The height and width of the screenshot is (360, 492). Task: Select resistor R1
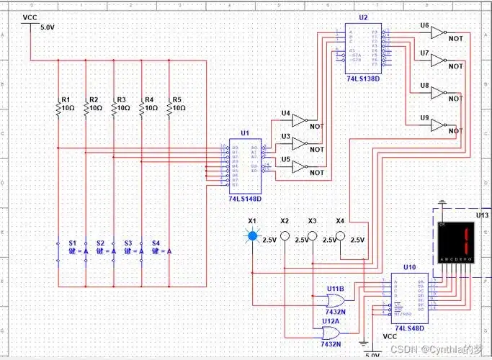(x=58, y=107)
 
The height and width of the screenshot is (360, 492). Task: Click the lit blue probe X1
(x=252, y=235)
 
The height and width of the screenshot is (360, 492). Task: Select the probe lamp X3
(x=312, y=235)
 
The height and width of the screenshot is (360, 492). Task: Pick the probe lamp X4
(x=340, y=235)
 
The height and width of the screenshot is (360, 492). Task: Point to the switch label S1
(x=72, y=243)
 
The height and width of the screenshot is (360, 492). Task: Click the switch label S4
(x=155, y=243)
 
